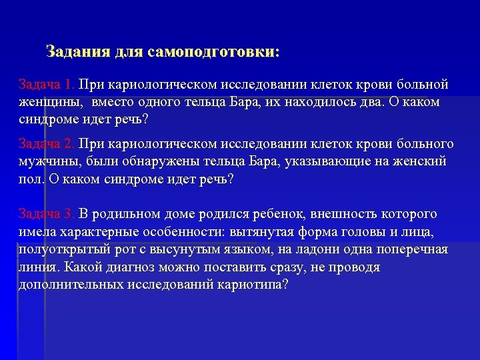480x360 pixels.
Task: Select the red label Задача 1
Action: pyautogui.click(x=47, y=86)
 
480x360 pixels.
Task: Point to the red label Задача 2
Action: pyautogui.click(x=47, y=145)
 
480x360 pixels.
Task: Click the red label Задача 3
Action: pyautogui.click(x=47, y=214)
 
